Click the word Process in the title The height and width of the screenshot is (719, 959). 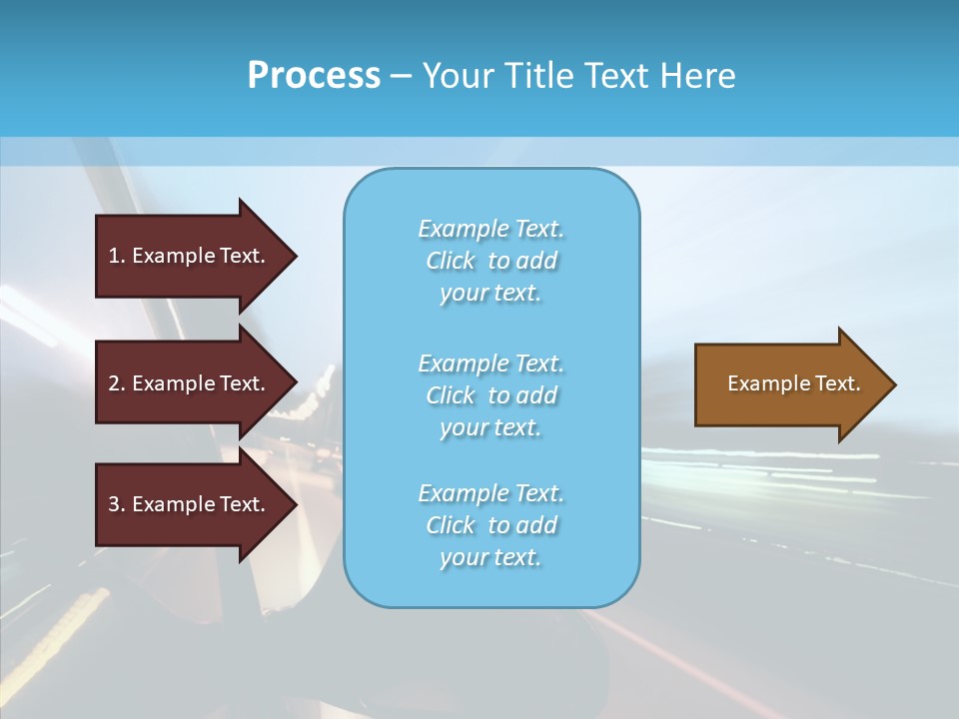click(314, 75)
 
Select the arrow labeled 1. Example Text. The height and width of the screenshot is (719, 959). click(190, 256)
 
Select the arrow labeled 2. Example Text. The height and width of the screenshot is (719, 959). click(190, 383)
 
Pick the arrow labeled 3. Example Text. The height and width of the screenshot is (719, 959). click(190, 504)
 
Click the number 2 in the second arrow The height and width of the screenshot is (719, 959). click(114, 383)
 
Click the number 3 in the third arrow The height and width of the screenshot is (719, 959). click(114, 504)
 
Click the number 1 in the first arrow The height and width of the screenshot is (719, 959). click(114, 256)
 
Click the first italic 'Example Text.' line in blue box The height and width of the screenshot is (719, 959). click(490, 229)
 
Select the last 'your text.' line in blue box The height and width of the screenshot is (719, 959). click(490, 557)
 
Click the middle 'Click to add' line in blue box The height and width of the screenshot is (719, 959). click(490, 395)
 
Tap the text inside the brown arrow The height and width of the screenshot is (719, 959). click(794, 383)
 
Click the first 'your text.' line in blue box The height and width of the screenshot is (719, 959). click(490, 293)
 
